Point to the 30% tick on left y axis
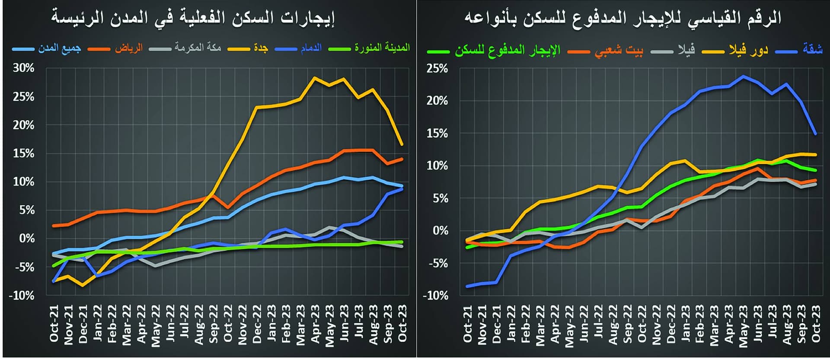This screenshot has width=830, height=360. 23,68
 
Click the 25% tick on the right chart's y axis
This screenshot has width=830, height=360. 437,68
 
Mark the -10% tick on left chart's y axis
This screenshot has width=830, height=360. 21,296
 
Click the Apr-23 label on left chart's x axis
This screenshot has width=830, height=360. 315,324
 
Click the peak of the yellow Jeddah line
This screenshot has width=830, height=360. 315,78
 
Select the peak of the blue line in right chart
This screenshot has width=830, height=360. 743,76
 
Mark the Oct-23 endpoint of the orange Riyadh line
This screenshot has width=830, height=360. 402,159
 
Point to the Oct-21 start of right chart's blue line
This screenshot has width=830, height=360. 467,286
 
